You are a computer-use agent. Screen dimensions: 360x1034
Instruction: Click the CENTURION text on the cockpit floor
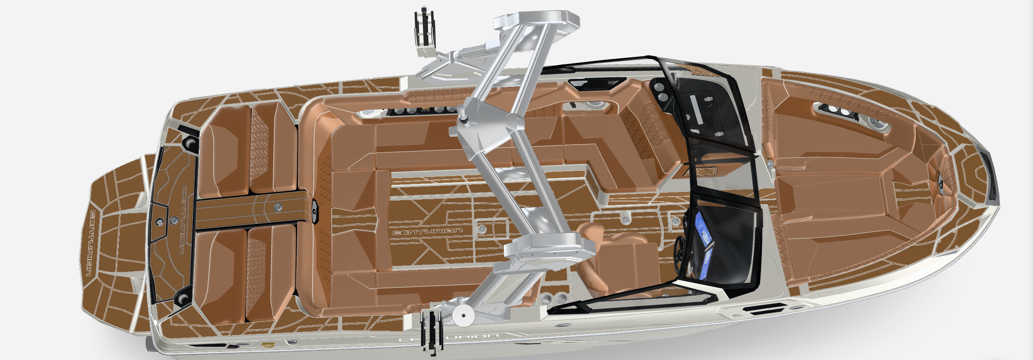click(x=427, y=231)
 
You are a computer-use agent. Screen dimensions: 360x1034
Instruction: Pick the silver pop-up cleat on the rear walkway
click(x=278, y=207)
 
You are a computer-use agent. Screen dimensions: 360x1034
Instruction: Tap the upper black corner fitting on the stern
click(x=190, y=143)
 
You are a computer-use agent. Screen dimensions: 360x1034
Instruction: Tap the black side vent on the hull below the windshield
click(x=763, y=311)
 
